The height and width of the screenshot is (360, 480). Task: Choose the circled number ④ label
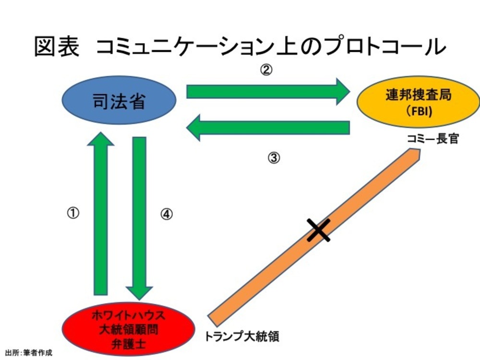click(166, 214)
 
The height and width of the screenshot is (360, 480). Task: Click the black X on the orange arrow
click(319, 229)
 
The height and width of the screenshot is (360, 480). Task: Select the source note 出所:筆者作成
click(28, 353)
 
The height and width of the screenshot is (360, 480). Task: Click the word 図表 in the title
click(57, 47)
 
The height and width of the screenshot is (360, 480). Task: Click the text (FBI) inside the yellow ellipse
click(419, 111)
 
